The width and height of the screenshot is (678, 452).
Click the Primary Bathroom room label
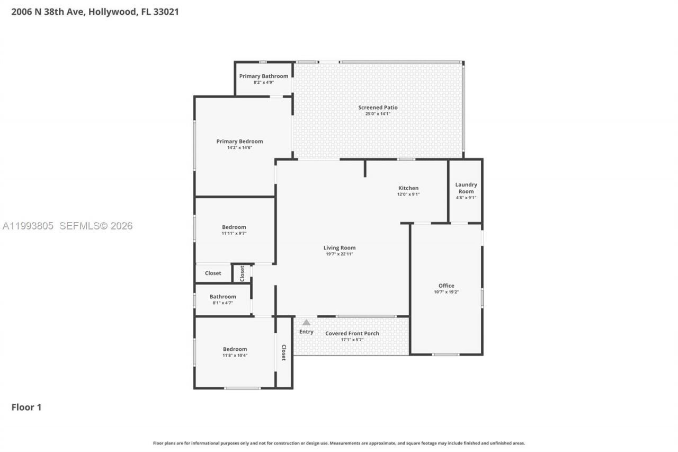pos(263,76)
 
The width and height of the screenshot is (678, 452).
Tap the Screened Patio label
pos(378,108)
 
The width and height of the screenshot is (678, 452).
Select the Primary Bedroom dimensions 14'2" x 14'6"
pos(239,148)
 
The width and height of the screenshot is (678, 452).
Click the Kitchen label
pos(408,188)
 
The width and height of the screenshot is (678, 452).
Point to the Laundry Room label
pos(466,188)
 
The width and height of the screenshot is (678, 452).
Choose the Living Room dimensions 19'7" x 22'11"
pos(340,254)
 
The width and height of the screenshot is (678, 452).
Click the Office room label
pos(446,286)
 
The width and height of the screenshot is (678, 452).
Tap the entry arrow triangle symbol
pos(306,322)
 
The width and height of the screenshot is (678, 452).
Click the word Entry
pos(306,332)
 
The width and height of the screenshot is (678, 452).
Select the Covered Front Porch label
pos(352,333)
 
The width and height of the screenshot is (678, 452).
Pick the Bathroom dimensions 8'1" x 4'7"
pos(222,303)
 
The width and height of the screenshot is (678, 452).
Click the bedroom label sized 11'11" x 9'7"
pos(234,227)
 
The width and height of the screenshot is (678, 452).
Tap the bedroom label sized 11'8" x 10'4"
pos(235,349)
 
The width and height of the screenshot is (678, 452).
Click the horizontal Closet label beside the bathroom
pos(213,273)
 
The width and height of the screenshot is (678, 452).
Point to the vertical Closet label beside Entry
pos(283,352)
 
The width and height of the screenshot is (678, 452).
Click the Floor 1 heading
pos(26,407)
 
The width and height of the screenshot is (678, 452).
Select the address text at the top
pos(95,12)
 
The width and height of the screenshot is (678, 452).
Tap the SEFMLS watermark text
pos(95,226)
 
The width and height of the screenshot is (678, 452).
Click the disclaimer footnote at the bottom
pos(339,443)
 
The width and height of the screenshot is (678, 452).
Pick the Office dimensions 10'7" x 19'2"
pos(446,292)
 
